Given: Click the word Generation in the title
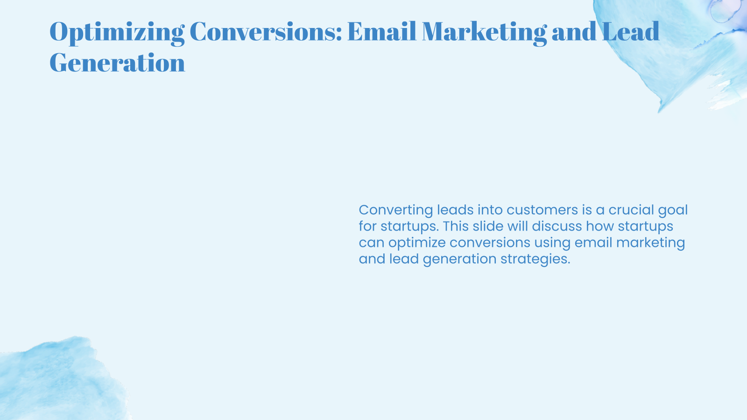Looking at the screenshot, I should click(x=117, y=63).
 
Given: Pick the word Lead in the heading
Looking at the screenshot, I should click(x=630, y=32).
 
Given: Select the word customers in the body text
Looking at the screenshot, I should click(x=542, y=210).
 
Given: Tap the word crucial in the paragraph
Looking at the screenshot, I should click(x=632, y=210).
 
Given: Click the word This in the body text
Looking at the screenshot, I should click(x=455, y=226).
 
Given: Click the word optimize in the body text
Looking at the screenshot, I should click(x=417, y=243).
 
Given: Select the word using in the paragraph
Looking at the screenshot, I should click(x=552, y=243).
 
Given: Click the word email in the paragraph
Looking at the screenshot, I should click(x=592, y=243).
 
